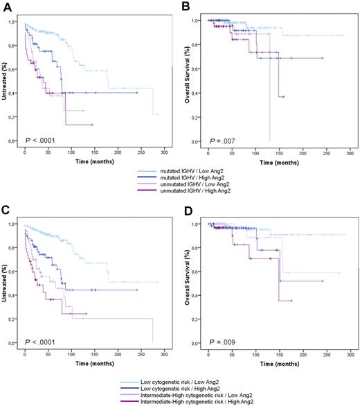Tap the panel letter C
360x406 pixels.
5,211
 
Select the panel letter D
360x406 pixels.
188,211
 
